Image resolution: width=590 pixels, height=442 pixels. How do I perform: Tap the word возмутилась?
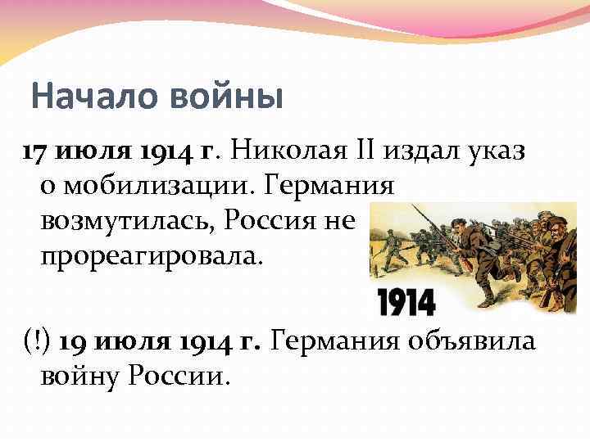tap(127, 220)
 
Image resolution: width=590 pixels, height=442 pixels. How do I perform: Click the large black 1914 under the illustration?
tap(406, 303)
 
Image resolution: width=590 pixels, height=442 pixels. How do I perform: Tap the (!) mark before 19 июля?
tap(37, 340)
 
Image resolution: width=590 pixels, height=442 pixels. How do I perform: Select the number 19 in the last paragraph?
tap(75, 340)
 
